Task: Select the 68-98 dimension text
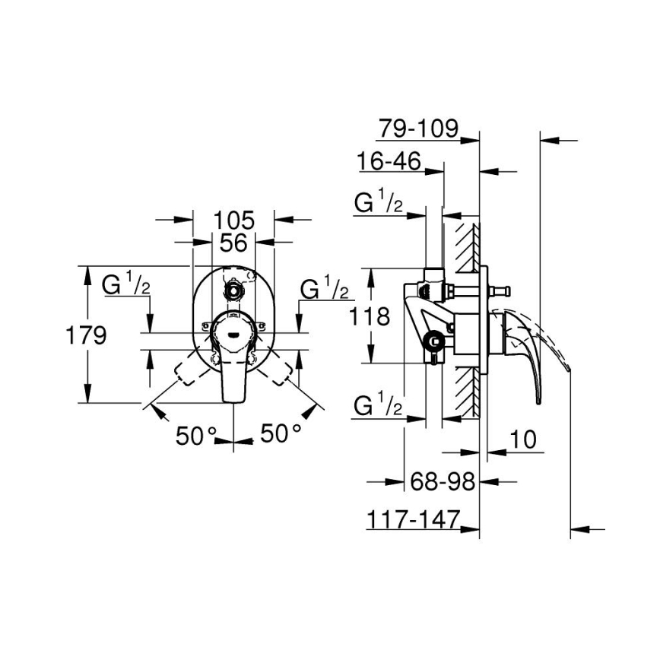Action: click(443, 481)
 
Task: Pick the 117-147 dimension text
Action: click(414, 519)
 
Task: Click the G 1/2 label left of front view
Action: click(126, 285)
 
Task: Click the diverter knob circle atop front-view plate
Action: click(233, 290)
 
